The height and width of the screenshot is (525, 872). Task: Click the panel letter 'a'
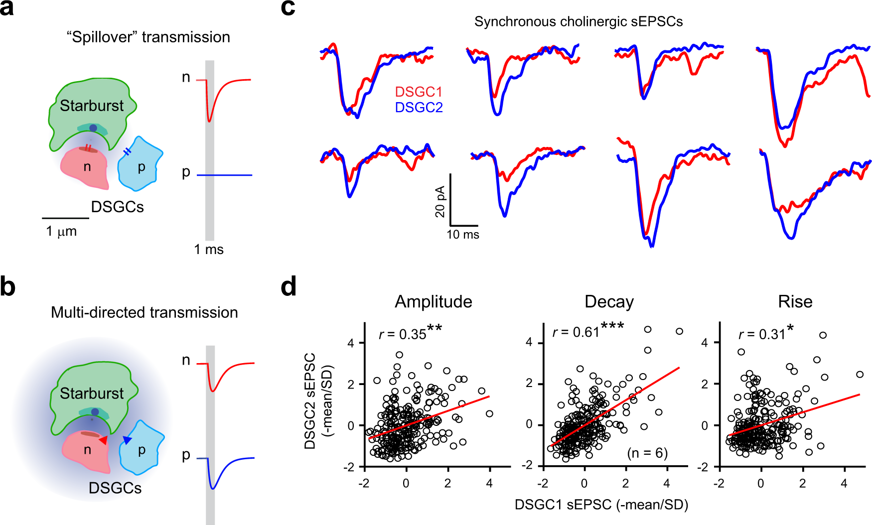[7, 8]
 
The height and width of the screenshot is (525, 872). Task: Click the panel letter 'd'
[289, 287]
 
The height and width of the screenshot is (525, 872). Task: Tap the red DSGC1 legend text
[418, 92]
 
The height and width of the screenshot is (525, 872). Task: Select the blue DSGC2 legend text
[419, 108]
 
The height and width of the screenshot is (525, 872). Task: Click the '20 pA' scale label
[440, 202]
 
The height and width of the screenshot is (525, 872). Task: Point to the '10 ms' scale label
[463, 235]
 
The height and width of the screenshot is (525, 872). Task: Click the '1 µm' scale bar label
[61, 232]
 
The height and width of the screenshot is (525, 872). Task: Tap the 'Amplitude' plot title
[433, 302]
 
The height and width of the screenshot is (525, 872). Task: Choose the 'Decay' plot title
[609, 302]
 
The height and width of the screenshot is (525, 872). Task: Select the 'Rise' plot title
[795, 302]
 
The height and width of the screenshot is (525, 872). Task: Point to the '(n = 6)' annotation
[647, 453]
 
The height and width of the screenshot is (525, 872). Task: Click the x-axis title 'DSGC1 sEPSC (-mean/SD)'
[601, 505]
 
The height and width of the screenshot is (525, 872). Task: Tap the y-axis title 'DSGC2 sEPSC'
[310, 401]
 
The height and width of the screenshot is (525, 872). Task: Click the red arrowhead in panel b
[103, 440]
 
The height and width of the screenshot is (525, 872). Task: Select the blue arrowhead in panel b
[127, 440]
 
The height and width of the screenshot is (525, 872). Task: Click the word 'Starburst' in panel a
[92, 106]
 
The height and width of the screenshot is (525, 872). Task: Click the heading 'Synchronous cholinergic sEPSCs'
[578, 22]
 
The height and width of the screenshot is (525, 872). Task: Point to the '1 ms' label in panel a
[208, 250]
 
